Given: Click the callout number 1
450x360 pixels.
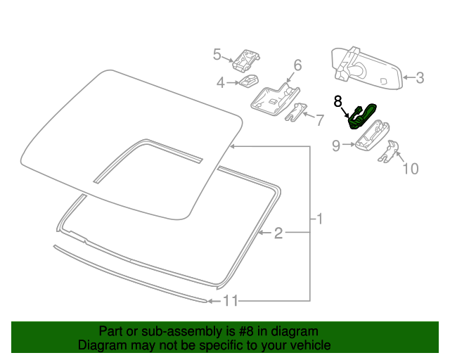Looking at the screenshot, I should (x=319, y=219).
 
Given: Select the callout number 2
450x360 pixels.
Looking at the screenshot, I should (x=278, y=233).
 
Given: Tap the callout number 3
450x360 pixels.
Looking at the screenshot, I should (x=420, y=78).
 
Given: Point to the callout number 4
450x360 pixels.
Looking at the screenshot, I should (x=221, y=83).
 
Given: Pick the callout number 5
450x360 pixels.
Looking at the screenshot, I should (x=217, y=54).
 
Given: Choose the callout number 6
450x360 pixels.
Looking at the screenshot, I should (x=297, y=65).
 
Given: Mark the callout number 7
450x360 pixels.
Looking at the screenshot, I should (x=319, y=120).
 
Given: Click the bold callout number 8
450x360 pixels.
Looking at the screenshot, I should (x=337, y=101).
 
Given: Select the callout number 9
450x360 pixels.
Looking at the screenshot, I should (x=337, y=146).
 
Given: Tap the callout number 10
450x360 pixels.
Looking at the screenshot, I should (x=409, y=169).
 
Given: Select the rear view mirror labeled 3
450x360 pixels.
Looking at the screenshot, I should (x=366, y=70).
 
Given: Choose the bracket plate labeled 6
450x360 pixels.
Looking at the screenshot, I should (x=274, y=98).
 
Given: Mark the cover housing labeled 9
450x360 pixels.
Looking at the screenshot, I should (x=373, y=135).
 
